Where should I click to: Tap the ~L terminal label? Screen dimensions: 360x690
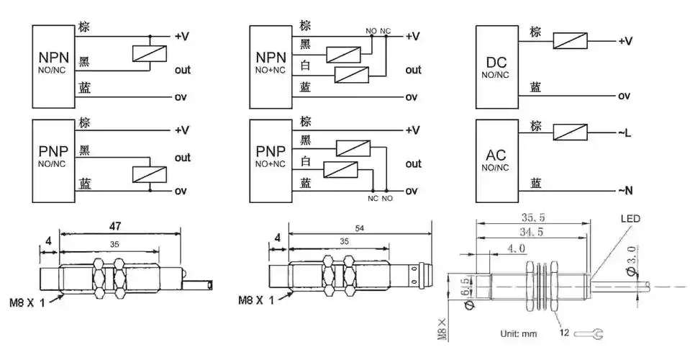624,132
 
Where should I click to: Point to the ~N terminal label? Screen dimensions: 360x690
624,190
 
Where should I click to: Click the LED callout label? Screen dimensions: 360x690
630,218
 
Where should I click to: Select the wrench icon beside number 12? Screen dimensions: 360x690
596,333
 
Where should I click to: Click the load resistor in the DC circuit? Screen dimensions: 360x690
570,40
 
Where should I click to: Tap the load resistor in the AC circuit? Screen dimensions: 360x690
570,132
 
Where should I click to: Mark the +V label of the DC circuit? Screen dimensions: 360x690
625,41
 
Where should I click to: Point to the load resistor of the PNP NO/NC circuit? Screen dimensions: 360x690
150,174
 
